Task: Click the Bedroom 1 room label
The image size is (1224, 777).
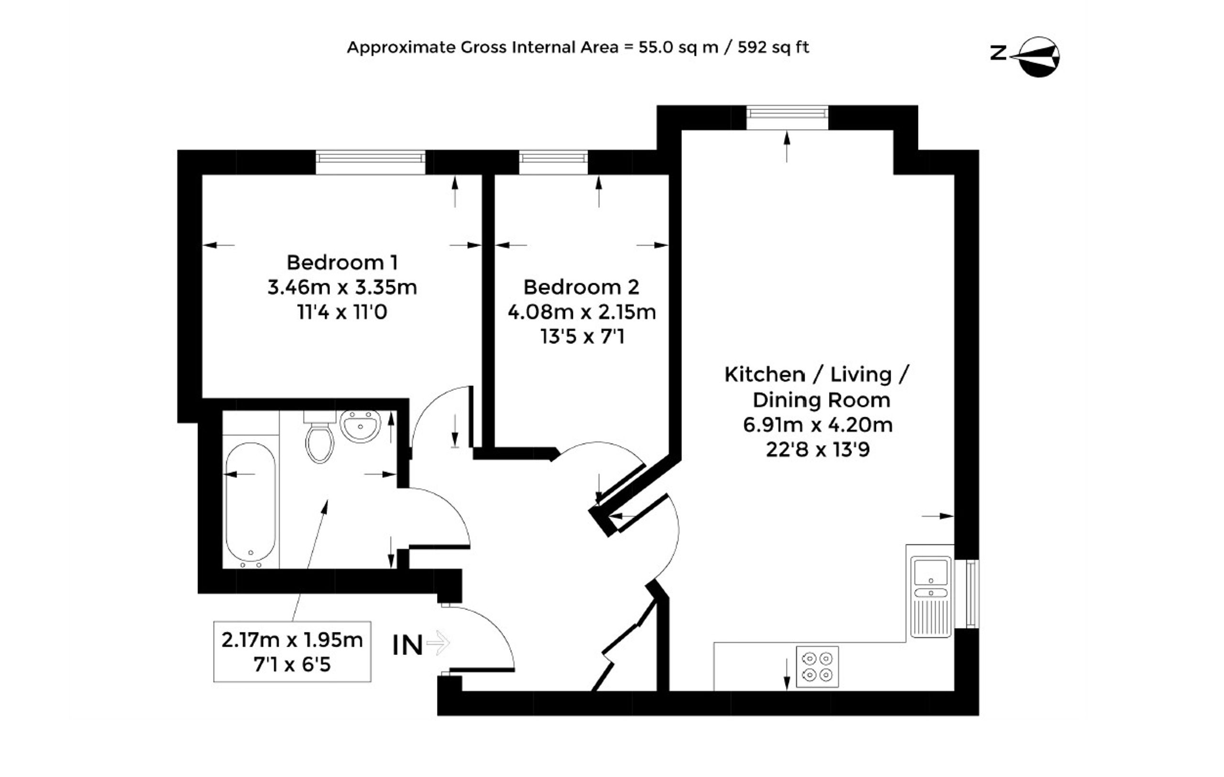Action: tap(342, 262)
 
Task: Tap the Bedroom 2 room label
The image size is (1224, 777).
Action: tap(581, 287)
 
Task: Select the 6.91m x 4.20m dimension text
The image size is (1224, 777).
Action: tap(818, 424)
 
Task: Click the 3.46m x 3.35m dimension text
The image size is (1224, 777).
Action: tap(342, 287)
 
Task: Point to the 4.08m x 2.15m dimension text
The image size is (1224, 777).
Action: tap(581, 312)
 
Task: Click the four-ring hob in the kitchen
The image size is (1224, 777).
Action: tap(817, 666)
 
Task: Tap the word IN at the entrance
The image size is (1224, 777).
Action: tap(408, 646)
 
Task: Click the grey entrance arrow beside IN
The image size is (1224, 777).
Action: tap(438, 643)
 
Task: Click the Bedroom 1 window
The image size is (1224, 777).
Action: tap(371, 163)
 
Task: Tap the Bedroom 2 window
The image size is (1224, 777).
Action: tap(553, 163)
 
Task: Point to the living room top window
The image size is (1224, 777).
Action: tap(787, 118)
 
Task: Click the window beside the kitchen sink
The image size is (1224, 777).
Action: tap(967, 593)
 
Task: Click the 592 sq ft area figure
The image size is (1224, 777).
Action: tap(773, 47)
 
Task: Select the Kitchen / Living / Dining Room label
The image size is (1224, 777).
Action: tap(817, 387)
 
